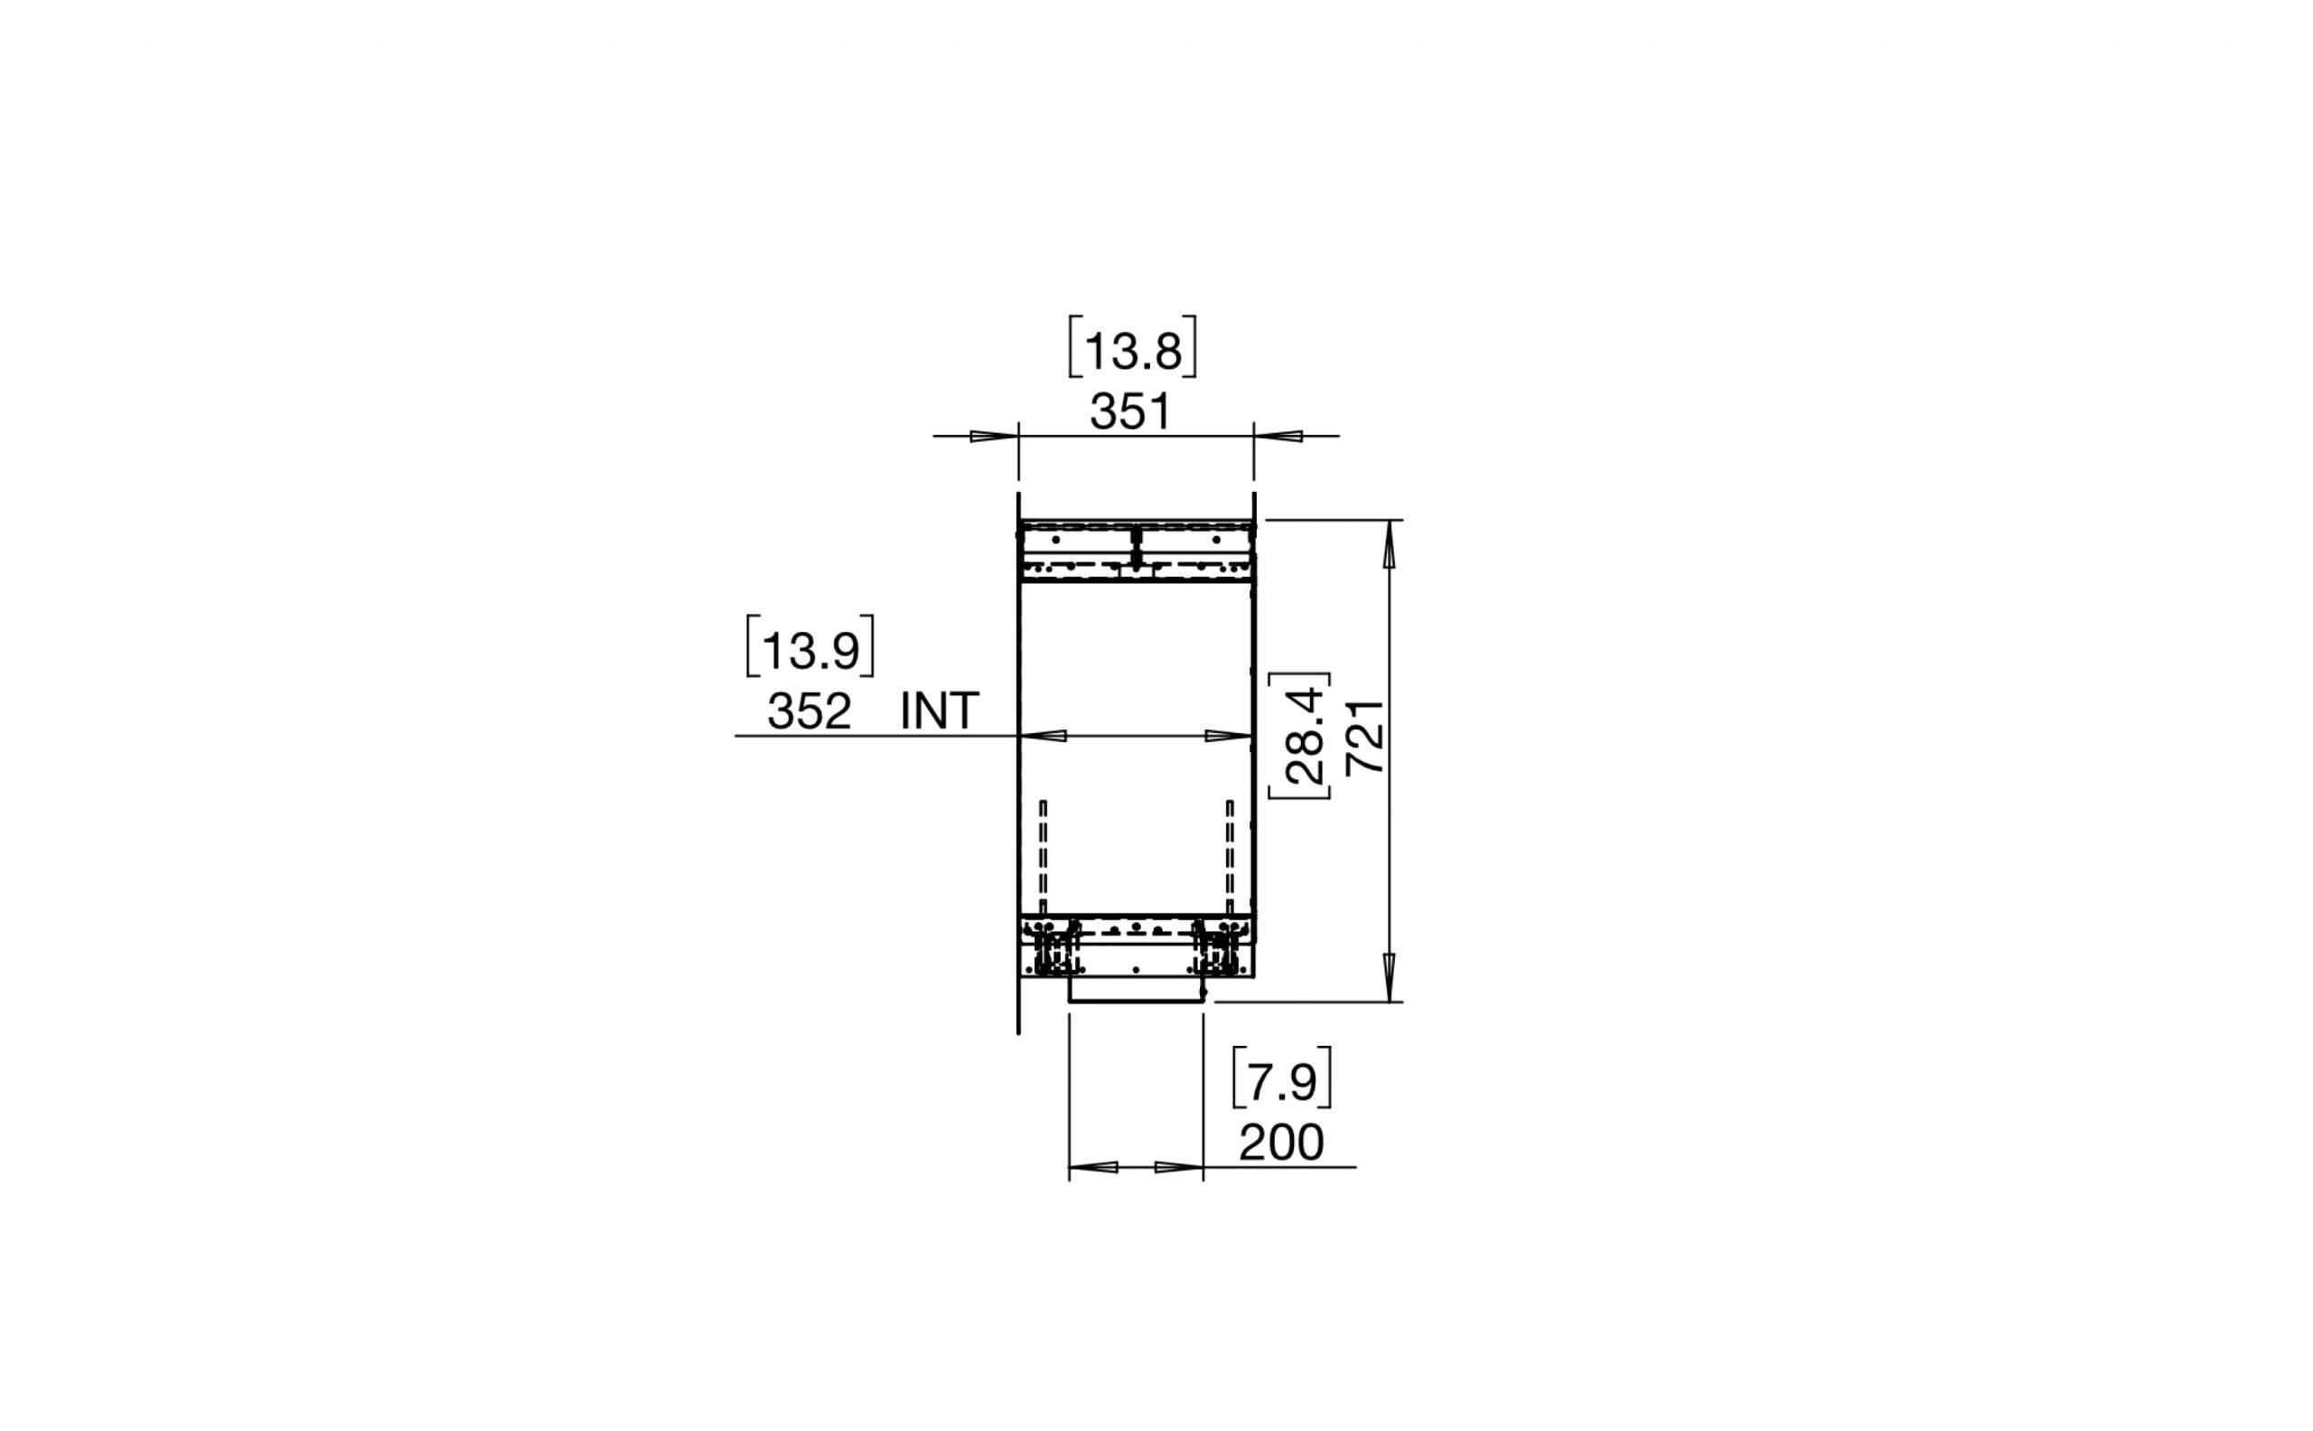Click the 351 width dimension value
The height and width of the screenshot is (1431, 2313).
[x=1130, y=412]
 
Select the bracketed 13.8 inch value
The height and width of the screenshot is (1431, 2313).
[x=1132, y=352]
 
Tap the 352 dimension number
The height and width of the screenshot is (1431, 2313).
[x=809, y=711]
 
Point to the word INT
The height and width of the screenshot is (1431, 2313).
[x=940, y=711]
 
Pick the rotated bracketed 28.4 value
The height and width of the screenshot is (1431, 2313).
[x=1303, y=735]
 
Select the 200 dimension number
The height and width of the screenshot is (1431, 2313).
[x=1281, y=1144]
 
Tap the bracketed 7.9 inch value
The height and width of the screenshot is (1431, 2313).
[x=1282, y=1083]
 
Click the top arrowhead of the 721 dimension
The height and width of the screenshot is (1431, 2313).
[x=1389, y=546]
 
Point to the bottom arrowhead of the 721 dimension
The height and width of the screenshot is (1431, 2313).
[x=1389, y=974]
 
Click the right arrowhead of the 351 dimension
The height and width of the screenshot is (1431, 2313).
[x=1279, y=437]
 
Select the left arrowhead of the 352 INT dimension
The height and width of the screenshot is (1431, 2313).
[x=1044, y=735]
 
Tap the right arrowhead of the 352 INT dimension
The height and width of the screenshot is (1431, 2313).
[x=1228, y=735]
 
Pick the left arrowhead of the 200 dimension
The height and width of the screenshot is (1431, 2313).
[x=1093, y=1167]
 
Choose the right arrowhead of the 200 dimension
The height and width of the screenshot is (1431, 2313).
[x=1179, y=1167]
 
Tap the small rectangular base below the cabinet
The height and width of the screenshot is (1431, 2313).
[x=1135, y=990]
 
